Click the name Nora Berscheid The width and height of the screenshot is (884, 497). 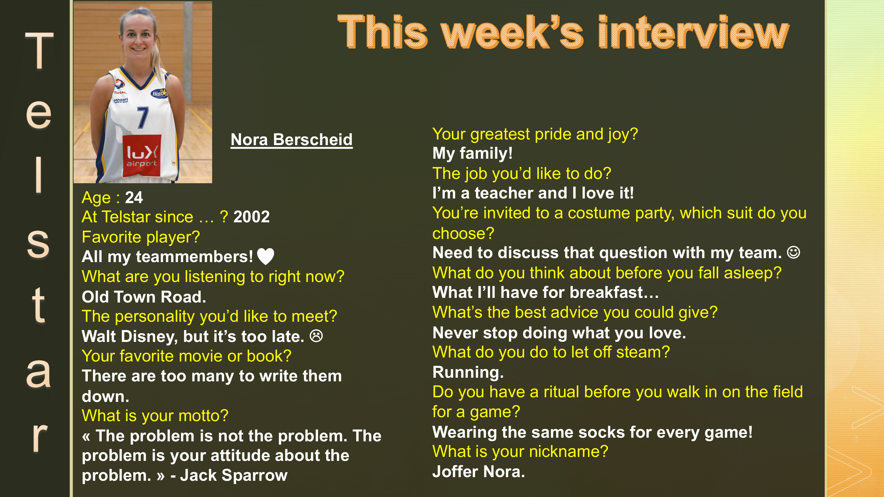[291, 139]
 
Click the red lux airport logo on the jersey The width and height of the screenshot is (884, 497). [142, 155]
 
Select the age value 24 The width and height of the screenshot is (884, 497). [134, 197]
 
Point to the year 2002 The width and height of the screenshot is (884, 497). [252, 217]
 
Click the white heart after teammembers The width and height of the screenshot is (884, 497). [265, 256]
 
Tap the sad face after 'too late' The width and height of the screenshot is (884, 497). [316, 336]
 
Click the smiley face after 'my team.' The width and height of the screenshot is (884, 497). [794, 253]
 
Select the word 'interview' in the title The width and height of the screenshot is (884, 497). [693, 33]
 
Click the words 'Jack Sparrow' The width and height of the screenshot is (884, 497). [234, 475]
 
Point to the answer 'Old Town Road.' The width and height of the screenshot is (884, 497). [144, 297]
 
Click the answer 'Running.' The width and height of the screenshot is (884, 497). [468, 372]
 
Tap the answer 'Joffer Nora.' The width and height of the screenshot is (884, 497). [478, 471]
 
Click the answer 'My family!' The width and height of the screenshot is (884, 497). [472, 153]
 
